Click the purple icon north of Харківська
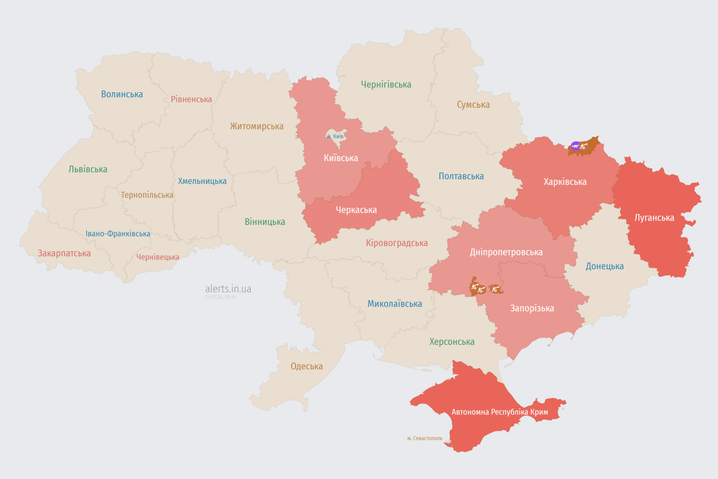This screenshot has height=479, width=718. coord(575,147)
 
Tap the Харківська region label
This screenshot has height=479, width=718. coord(565,182)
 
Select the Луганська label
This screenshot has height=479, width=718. coord(654,218)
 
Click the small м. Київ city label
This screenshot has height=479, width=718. coord(335,136)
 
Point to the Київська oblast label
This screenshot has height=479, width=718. coord(341,158)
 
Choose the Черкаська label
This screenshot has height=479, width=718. coord(356,210)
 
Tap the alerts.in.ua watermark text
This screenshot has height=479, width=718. coord(228,289)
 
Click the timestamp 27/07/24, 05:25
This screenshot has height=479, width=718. coord(220,298)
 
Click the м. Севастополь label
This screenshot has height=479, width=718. coord(424,438)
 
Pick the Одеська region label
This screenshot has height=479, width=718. coord(307,366)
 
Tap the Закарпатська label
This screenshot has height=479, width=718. coord(64,253)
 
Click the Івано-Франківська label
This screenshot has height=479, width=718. coord(118,234)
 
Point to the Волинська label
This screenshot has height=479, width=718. coord(122,94)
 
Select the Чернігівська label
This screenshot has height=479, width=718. coord(386,84)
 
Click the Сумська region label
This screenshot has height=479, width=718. coord(473,105)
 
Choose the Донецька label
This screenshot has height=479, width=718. coord(605,266)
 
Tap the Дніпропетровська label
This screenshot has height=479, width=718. coord(506,252)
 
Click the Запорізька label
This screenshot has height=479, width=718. coord(532,308)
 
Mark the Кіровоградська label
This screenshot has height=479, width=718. coord(397,243)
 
